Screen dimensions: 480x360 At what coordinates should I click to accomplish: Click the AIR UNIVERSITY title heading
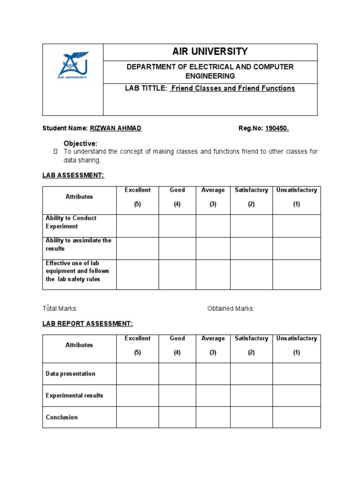[x=210, y=52]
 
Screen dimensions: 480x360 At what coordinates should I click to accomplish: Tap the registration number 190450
[x=277, y=128]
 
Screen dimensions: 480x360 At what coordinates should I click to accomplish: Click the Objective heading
[x=81, y=143]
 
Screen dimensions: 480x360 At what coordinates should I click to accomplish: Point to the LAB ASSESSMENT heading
[x=73, y=175]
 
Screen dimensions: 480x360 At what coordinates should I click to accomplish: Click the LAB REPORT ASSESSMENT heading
[x=88, y=323]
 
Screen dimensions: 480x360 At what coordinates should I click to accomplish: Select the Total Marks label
[x=60, y=308]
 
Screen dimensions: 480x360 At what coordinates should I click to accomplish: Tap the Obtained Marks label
[x=231, y=308]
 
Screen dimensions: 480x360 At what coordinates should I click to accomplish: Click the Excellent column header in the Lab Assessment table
[x=137, y=190]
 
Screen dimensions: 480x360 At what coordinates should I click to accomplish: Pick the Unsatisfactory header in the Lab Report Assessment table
[x=296, y=338]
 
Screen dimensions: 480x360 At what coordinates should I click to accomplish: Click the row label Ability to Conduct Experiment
[x=71, y=222]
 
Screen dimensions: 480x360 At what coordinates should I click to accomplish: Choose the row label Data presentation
[x=70, y=374]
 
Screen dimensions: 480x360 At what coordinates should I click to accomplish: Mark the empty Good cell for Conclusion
[x=177, y=417]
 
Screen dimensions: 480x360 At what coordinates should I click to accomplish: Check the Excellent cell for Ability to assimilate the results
[x=137, y=248]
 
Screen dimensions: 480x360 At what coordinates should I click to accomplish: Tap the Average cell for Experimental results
[x=213, y=396]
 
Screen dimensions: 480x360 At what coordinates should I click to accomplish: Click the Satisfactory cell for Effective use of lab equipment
[x=251, y=275]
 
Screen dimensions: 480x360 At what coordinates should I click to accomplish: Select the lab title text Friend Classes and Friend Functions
[x=232, y=88]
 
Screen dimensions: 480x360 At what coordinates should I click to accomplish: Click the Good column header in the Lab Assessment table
[x=177, y=190]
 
